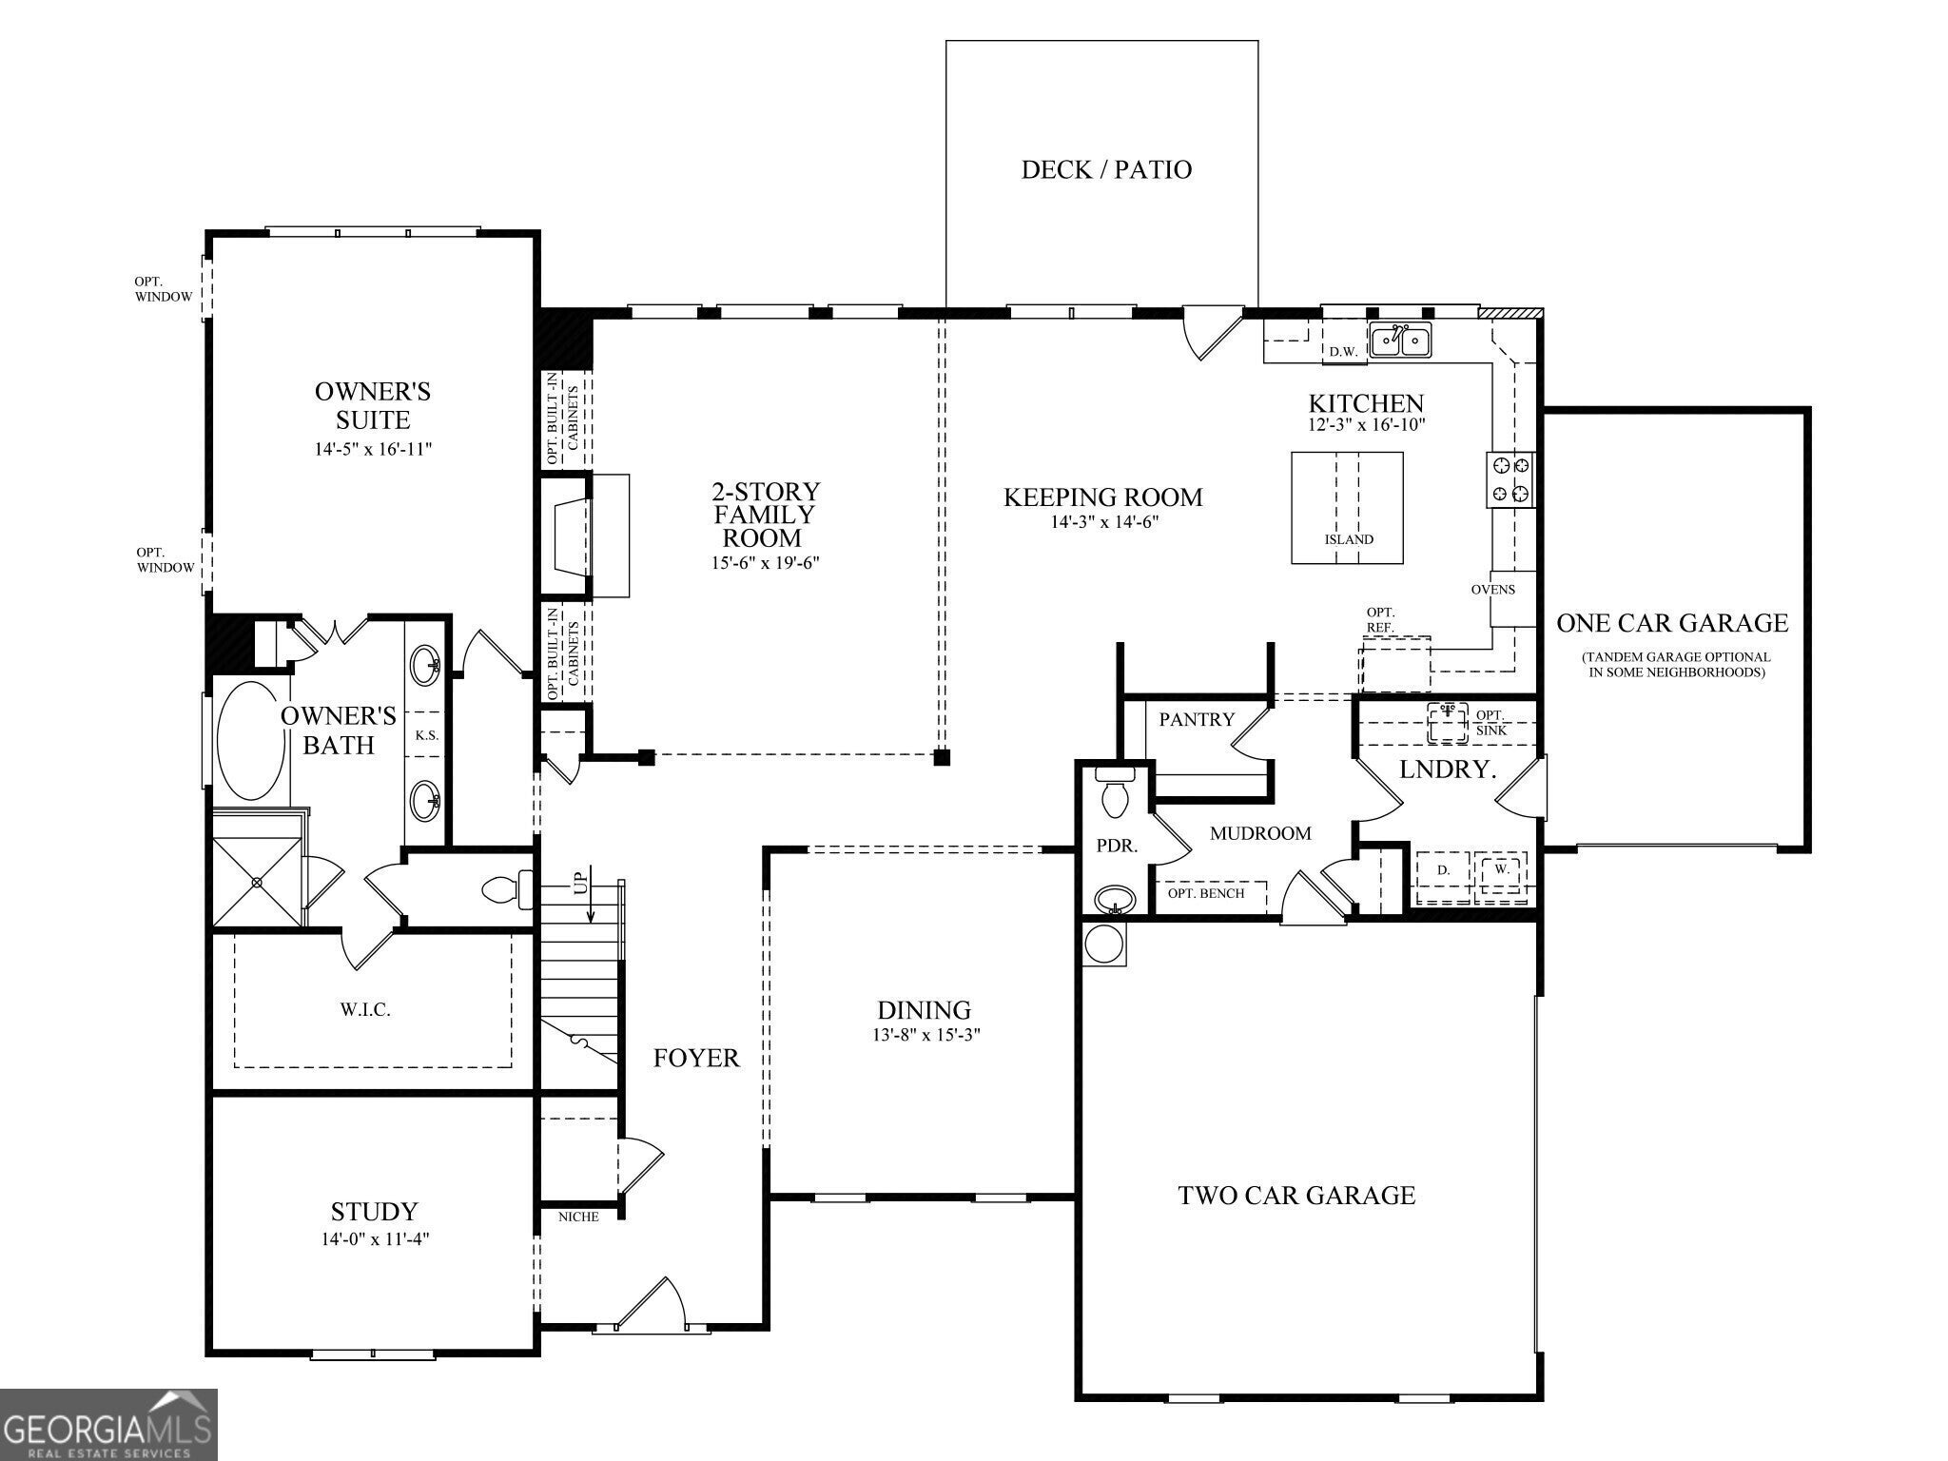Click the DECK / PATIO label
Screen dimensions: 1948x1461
coord(1106,169)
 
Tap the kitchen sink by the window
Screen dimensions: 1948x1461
coord(1400,340)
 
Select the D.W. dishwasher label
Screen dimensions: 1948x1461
coord(1343,351)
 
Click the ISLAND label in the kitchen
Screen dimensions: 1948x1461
coord(1349,539)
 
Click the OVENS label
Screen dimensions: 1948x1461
coord(1493,589)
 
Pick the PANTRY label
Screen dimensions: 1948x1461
coord(1197,720)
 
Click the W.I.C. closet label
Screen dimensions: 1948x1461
coord(365,1010)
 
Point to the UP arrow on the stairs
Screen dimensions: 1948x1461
coord(592,894)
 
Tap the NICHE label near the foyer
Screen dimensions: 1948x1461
coord(578,1217)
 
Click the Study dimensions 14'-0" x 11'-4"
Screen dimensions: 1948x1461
coord(374,1239)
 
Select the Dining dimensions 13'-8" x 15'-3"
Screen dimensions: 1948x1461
coord(925,1035)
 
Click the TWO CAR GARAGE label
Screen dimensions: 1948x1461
coord(1296,1196)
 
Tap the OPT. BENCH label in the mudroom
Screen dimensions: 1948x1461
coord(1206,893)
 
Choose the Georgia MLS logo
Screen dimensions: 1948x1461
coord(108,1425)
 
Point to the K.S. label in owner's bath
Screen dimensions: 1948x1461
coord(427,735)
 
